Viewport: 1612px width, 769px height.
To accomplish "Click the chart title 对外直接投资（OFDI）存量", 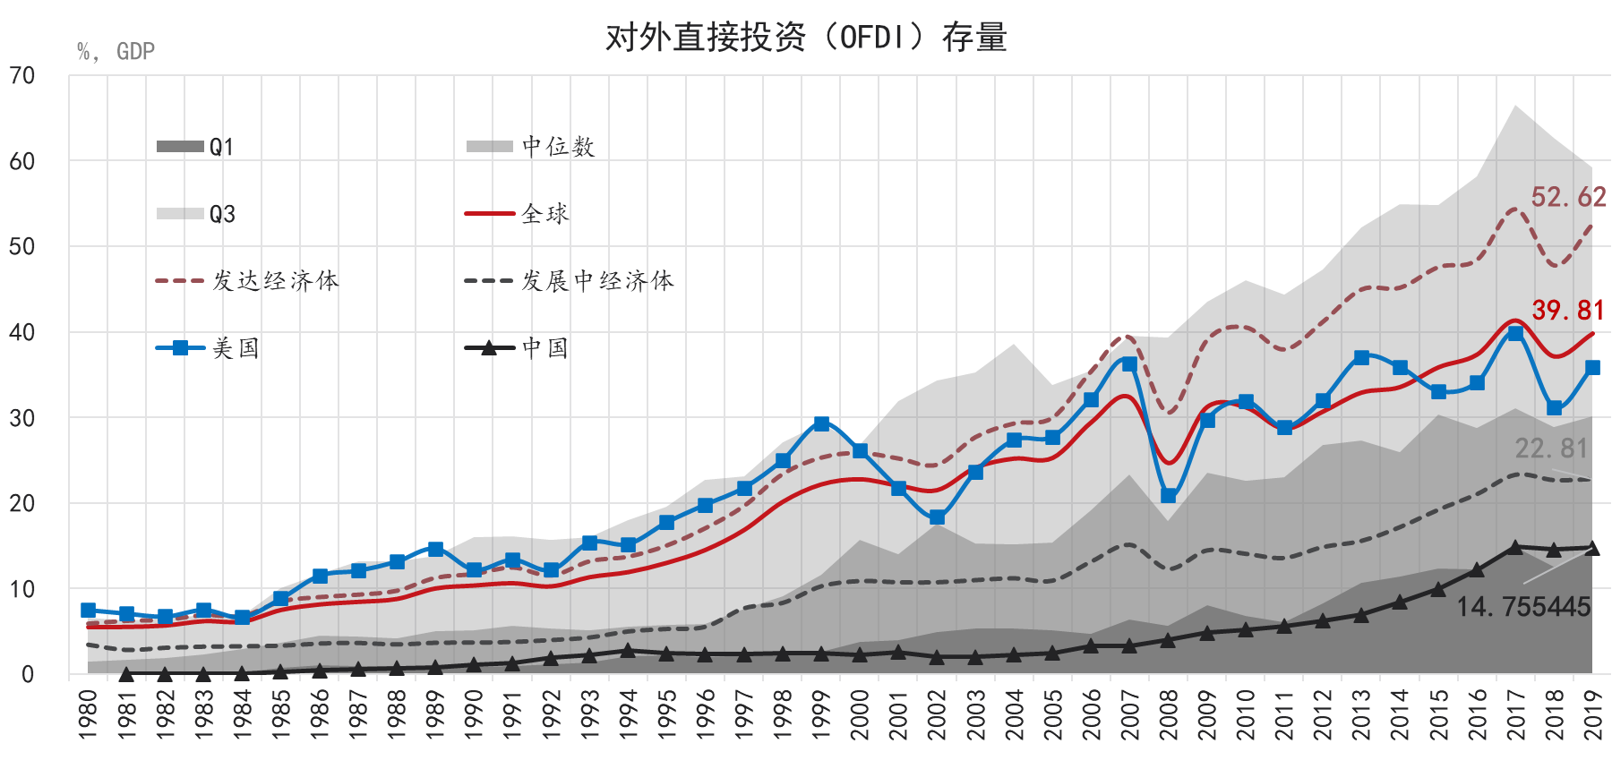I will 806,38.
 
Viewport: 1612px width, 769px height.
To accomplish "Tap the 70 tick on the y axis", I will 22,76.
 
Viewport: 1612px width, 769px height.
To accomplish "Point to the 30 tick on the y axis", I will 22,418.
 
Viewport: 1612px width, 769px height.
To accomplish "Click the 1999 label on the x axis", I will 821,714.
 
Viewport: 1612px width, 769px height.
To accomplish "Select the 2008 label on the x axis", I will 1169,714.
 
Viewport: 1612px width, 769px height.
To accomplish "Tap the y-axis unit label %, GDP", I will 116,52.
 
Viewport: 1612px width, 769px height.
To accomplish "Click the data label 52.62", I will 1568,197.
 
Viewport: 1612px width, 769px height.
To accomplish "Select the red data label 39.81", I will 1568,311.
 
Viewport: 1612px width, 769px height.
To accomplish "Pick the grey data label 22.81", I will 1551,448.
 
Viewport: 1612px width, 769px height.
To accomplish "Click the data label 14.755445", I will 1523,607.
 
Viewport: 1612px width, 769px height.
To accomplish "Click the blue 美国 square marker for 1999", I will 821,423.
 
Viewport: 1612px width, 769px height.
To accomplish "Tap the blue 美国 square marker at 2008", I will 1169,495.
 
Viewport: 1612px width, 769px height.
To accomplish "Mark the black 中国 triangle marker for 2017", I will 1515,547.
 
